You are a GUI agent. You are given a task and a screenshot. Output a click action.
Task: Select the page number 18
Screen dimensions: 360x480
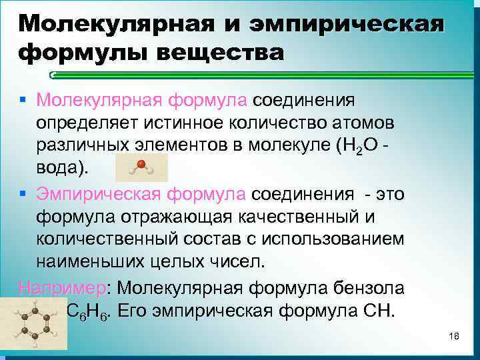point(455,336)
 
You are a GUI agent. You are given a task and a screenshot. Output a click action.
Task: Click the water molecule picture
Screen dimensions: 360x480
point(141,169)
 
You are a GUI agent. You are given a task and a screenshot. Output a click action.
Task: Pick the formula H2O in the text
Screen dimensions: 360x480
point(362,147)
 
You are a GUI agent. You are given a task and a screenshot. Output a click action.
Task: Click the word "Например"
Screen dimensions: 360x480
point(63,288)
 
